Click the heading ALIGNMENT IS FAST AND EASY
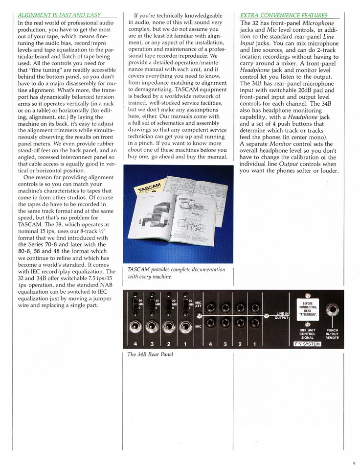tap(59, 15)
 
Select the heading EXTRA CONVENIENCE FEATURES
tap(284, 15)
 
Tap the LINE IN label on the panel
tap(283, 313)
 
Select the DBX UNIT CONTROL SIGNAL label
tap(307, 333)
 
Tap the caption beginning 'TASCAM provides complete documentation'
tap(176, 273)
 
